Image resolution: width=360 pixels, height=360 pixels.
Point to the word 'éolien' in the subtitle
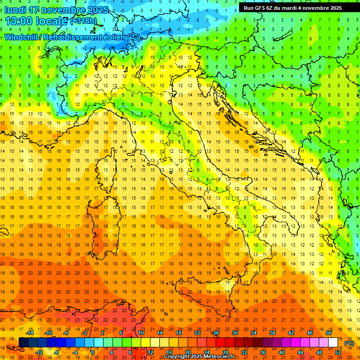click(x=114, y=37)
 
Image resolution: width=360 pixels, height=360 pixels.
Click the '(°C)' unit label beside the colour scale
click(x=349, y=343)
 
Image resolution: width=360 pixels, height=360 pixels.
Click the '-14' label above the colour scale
click(x=31, y=333)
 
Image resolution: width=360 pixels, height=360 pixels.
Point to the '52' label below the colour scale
click(x=338, y=352)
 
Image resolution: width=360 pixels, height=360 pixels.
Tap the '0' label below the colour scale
click(x=93, y=352)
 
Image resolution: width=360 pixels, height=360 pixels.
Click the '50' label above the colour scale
click(x=329, y=333)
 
